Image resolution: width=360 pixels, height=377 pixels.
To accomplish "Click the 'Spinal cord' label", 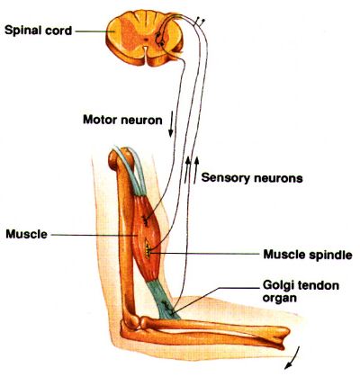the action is tap(39, 31).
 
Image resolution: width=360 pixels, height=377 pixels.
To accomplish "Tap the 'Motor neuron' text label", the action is tap(122, 120).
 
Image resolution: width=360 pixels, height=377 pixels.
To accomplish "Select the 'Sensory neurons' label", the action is tap(252, 178).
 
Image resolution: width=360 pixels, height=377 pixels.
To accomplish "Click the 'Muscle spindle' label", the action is tap(308, 255).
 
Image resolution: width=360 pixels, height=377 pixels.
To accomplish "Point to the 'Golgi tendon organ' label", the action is tap(301, 292).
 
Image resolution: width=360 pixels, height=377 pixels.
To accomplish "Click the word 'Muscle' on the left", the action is tap(27, 234).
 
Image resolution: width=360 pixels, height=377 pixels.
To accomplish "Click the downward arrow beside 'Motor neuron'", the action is tap(171, 124).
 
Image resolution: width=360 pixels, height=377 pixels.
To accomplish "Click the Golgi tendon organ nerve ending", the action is tap(167, 308).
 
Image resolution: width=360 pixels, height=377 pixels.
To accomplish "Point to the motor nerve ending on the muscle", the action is tap(146, 221).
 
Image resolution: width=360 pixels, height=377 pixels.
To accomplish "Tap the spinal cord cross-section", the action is tap(144, 37).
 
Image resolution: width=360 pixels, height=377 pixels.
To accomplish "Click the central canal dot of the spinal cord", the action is tap(146, 39).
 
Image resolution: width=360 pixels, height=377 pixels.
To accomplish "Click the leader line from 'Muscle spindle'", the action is tap(205, 254).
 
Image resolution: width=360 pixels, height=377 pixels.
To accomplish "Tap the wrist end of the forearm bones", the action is tap(281, 337).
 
